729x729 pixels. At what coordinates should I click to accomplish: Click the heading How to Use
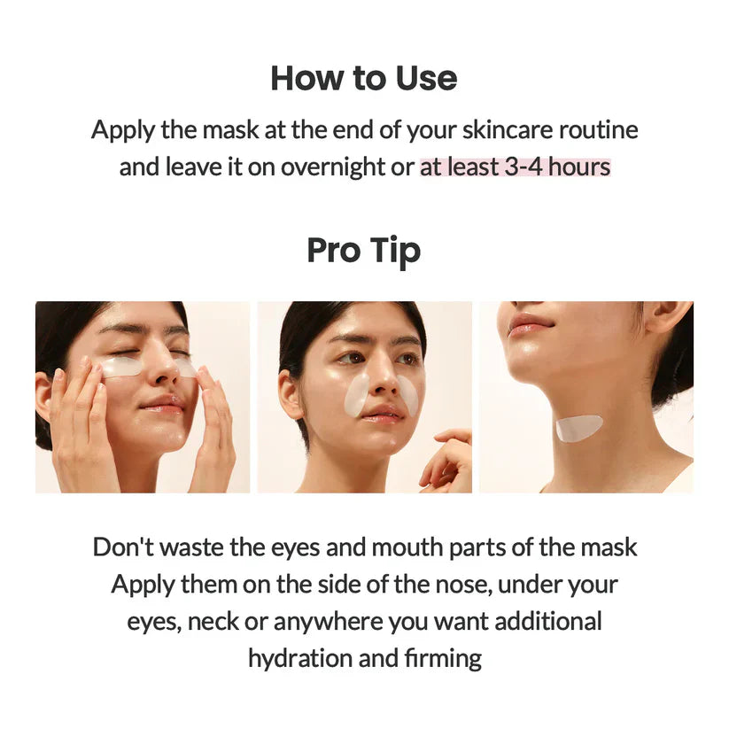click(364, 78)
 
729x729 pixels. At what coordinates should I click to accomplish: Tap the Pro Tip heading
click(364, 251)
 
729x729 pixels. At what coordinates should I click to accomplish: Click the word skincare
click(487, 129)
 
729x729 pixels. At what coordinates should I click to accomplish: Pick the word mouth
click(404, 547)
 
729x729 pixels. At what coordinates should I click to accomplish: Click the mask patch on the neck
click(578, 428)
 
